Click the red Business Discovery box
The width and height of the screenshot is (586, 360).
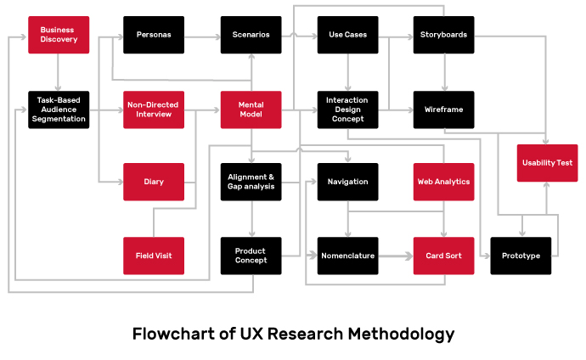point(58,35)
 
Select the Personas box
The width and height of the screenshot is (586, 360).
point(154,35)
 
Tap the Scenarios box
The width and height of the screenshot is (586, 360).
point(251,35)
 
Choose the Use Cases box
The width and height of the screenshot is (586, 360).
point(347,35)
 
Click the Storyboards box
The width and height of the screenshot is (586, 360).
point(443,35)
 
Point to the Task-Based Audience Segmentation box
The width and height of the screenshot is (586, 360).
point(58,110)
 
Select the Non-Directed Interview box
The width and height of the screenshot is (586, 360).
point(154,110)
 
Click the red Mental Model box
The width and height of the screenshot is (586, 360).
point(251,110)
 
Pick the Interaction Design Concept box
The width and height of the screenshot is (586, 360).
point(347,110)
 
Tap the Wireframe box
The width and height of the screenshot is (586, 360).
point(443,110)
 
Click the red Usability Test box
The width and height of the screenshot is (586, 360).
point(547,162)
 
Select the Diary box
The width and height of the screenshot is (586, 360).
point(154,182)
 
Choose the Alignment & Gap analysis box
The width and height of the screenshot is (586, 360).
point(251,182)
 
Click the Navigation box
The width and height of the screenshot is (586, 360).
point(347,182)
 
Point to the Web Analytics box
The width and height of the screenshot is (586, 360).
point(443,182)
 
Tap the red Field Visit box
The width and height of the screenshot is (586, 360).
point(154,256)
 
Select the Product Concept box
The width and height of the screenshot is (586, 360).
point(251,256)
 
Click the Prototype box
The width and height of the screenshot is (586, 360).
point(521,256)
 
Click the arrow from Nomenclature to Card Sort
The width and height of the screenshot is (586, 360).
point(395,256)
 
